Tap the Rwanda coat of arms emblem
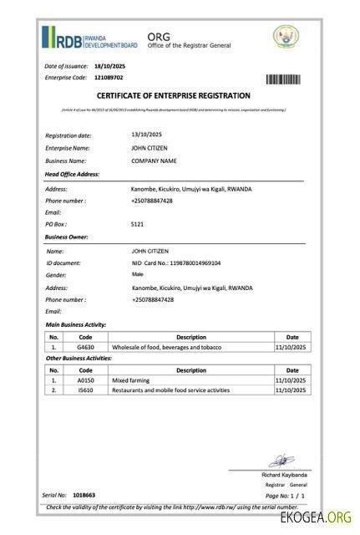click(286, 37)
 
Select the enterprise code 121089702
click(109, 78)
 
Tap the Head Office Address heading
click(72, 174)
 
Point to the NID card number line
click(175, 262)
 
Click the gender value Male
click(137, 274)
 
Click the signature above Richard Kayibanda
click(281, 461)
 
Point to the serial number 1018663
click(84, 496)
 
